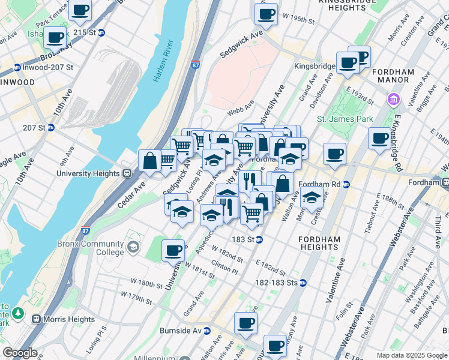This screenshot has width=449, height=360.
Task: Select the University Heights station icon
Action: coord(127,173)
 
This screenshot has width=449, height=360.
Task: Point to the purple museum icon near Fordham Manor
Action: coord(394,98)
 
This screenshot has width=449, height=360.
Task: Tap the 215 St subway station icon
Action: coord(102,32)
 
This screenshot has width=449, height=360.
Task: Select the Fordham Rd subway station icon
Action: coord(346,184)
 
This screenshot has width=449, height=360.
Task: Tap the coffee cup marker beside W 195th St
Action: coord(265,14)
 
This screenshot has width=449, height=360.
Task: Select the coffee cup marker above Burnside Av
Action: coord(246,323)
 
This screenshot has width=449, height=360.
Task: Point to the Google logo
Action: coord(20,353)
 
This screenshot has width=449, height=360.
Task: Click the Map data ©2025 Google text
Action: coord(411,355)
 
